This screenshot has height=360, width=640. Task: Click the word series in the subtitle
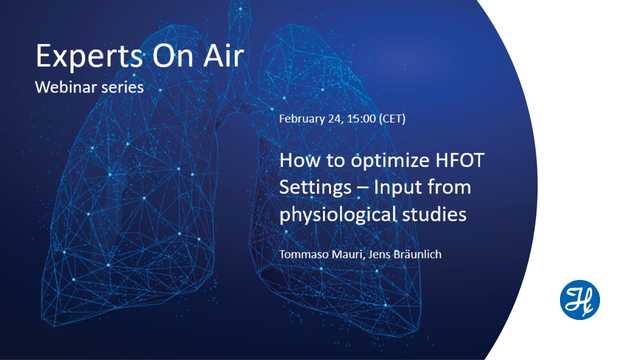click(123, 87)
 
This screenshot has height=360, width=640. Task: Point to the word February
click(304, 119)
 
